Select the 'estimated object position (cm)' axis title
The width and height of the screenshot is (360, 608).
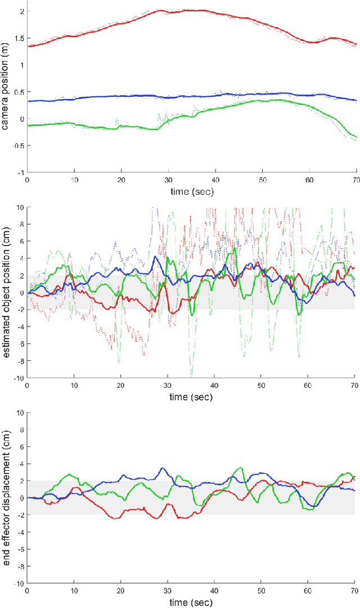[x=6, y=293]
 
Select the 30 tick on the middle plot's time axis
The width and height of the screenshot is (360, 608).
[x=168, y=386]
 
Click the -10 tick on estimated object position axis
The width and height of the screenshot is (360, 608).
[x=17, y=378]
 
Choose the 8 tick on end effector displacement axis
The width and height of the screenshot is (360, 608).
[x=21, y=430]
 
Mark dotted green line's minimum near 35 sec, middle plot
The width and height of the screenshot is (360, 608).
[x=191, y=374]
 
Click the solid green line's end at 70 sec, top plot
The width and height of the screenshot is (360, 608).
[x=356, y=137]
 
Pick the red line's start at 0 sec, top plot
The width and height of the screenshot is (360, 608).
[x=28, y=46]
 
